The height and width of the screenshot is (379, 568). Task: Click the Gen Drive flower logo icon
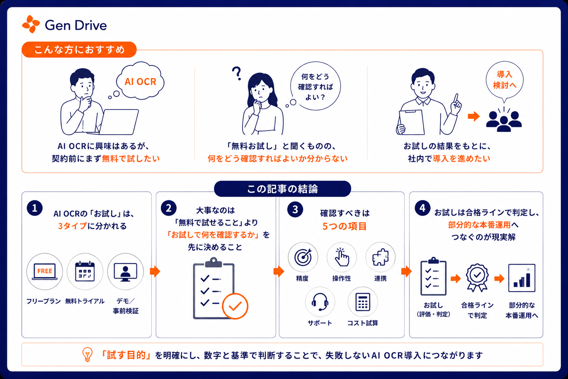click(31, 24)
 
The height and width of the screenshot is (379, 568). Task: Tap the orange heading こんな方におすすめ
click(79, 50)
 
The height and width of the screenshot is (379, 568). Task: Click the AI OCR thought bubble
click(140, 81)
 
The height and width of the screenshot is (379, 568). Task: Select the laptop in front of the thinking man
click(116, 122)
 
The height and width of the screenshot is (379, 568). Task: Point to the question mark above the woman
click(237, 73)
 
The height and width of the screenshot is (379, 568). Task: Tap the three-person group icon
click(504, 121)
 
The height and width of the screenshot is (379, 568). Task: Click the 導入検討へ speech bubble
click(504, 81)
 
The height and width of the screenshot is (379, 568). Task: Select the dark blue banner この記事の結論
click(283, 189)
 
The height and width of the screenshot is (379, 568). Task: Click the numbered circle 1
click(35, 208)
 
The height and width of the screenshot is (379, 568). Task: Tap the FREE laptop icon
click(45, 271)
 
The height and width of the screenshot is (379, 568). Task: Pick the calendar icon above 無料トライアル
click(85, 271)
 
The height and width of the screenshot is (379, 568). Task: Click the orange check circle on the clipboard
click(235, 306)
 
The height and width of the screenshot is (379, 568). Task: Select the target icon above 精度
click(303, 257)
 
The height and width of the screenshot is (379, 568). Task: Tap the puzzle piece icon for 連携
click(381, 257)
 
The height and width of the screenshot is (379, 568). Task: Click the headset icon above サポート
click(320, 302)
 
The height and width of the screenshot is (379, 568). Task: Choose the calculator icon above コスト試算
click(363, 302)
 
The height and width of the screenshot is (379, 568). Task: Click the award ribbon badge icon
click(477, 277)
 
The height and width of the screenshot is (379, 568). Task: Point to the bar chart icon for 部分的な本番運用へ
click(522, 278)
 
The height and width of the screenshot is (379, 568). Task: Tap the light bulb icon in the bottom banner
click(88, 354)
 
